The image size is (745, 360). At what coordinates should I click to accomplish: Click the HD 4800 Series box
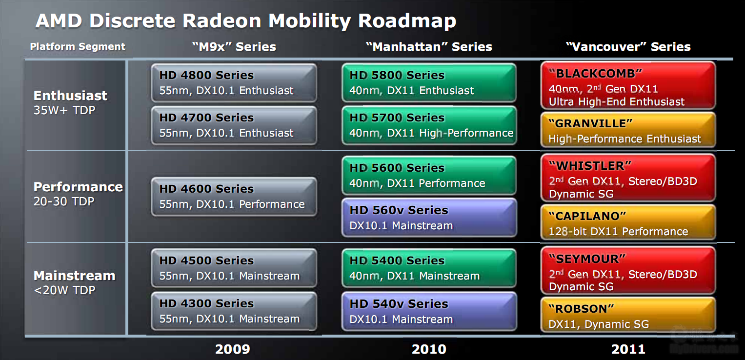pos(234,83)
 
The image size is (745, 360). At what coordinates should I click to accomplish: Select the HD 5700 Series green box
pos(429,125)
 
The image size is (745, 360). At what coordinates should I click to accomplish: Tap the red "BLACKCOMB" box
pos(628,85)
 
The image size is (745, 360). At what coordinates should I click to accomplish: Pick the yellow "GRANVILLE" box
pos(628,130)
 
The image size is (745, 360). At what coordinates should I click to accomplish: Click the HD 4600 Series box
pos(234,197)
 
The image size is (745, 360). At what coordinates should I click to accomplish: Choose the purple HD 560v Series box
pos(429,218)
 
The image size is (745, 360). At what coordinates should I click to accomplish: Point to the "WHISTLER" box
pos(628,178)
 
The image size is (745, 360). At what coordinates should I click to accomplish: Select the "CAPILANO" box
pos(628,222)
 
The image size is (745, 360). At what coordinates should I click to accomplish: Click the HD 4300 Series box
pos(234,311)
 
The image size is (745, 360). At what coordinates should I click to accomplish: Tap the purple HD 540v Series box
pos(429,312)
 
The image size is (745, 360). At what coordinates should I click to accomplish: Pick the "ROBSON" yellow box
pos(628,315)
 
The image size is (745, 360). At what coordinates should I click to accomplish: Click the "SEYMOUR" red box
pos(628,271)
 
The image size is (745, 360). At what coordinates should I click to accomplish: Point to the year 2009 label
pos(233,349)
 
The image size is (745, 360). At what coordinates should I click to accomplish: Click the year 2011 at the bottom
pos(628,349)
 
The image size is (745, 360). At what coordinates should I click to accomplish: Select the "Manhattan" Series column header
pos(429,46)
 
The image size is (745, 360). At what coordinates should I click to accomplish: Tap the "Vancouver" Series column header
pos(628,46)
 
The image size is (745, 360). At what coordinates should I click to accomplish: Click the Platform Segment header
pos(78,46)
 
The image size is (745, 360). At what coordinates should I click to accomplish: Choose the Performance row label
pos(78,187)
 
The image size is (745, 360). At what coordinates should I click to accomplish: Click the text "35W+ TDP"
pos(64,110)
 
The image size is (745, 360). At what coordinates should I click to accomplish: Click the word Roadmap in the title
pos(407,21)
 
